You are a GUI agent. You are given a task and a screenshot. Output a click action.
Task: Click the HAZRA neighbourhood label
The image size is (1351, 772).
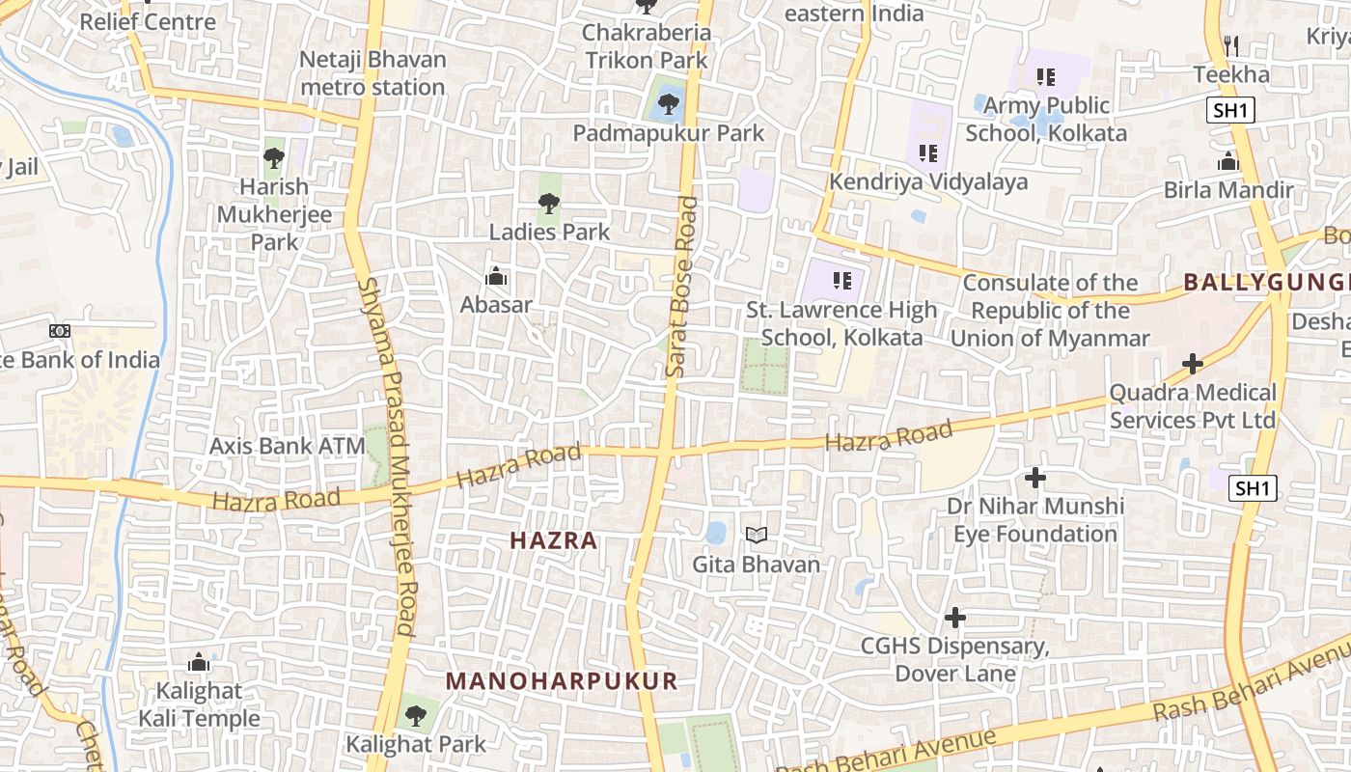tap(554, 540)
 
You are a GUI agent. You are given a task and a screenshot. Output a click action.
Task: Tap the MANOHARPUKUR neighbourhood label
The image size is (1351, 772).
tap(562, 681)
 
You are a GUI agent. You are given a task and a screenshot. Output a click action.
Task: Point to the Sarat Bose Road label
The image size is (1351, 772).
tap(681, 287)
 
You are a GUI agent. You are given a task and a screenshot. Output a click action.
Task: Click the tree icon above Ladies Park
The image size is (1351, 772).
tap(549, 203)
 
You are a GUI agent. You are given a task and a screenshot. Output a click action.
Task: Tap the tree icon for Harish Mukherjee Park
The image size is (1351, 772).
tap(274, 157)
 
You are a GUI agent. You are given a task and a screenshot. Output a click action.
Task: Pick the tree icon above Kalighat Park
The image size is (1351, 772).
tap(416, 716)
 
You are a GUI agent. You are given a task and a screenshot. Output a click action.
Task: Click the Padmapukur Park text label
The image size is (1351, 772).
tap(669, 133)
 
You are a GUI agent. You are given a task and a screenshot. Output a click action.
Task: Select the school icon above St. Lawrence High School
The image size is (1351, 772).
tap(842, 281)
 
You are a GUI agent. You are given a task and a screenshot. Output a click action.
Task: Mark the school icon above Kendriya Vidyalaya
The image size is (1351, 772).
tap(928, 152)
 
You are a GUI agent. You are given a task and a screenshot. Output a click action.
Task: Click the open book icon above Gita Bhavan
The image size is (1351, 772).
tap(757, 535)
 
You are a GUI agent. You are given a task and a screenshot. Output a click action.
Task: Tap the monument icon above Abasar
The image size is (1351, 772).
tap(496, 278)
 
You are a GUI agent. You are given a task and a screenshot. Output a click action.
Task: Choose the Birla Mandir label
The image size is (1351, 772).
tap(1228, 189)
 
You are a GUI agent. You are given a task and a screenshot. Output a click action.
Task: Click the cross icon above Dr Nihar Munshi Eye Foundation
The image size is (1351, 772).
tap(1035, 477)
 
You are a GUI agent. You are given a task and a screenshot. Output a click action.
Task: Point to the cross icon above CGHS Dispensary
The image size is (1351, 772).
tap(955, 617)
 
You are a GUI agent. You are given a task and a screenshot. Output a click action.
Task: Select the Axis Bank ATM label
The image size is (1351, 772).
tap(288, 446)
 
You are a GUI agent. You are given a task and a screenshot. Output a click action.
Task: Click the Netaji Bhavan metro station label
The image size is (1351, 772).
tap(372, 73)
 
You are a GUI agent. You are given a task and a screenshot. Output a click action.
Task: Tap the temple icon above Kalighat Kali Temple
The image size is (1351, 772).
tap(199, 662)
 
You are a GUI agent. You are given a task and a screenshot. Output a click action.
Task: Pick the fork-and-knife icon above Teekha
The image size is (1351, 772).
tap(1230, 45)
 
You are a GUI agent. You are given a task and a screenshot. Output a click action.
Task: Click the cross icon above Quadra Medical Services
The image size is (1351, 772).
tap(1193, 364)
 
